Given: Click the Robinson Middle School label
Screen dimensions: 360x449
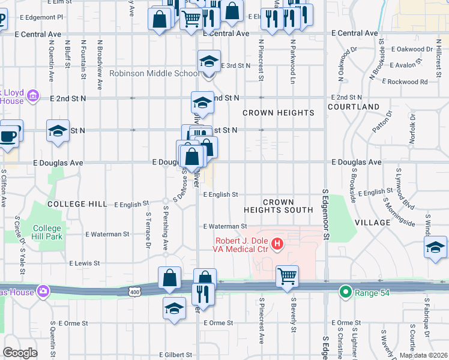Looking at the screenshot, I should (x=154, y=74).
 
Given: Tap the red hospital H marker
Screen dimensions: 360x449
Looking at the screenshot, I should (x=277, y=244).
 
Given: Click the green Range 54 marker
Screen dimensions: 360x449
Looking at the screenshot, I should (x=345, y=293).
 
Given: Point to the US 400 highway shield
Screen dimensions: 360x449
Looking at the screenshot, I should (x=134, y=292).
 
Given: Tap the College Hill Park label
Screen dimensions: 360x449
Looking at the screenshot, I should (x=47, y=232).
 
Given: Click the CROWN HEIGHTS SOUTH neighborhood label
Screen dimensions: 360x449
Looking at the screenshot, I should (x=278, y=206).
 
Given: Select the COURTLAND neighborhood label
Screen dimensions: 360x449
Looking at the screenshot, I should (x=354, y=107).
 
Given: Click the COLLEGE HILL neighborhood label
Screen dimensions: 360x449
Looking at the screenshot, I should (x=77, y=204).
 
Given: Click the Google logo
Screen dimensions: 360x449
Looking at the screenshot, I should (x=20, y=352).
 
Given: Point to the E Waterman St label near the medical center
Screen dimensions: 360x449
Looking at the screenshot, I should (x=225, y=226).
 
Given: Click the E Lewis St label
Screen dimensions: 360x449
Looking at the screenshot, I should (x=84, y=263).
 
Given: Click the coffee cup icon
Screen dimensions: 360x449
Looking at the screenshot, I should (x=9, y=134).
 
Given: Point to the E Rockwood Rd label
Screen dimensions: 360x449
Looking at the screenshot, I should (x=408, y=82).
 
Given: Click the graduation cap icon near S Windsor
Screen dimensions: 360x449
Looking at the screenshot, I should (x=435, y=248).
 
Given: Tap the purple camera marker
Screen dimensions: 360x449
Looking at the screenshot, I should (x=43, y=292).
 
